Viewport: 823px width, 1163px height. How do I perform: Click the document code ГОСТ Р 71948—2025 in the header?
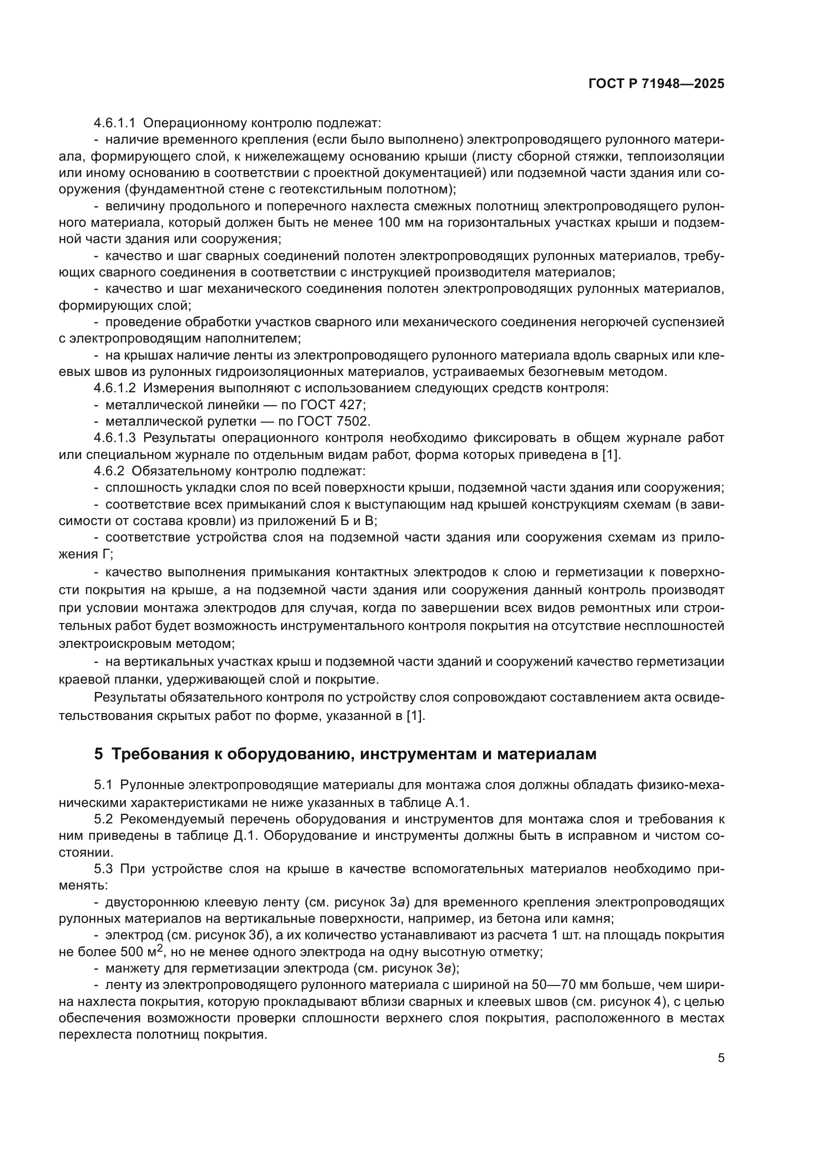[x=656, y=84]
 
